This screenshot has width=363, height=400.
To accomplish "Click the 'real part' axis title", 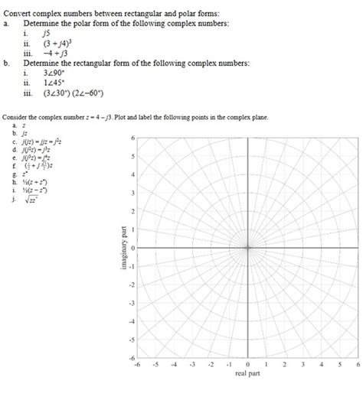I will coord(247,376).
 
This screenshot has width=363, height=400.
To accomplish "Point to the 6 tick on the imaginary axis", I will coord(134,138).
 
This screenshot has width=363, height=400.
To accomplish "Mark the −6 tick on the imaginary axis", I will coord(132,359).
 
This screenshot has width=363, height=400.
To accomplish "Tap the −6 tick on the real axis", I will coord(137,366).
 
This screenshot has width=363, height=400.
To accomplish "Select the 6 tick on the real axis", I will coord(358,366).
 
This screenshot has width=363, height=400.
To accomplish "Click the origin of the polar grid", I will coord(248,248).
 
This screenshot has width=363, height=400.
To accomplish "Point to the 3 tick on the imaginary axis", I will coord(134,193).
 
